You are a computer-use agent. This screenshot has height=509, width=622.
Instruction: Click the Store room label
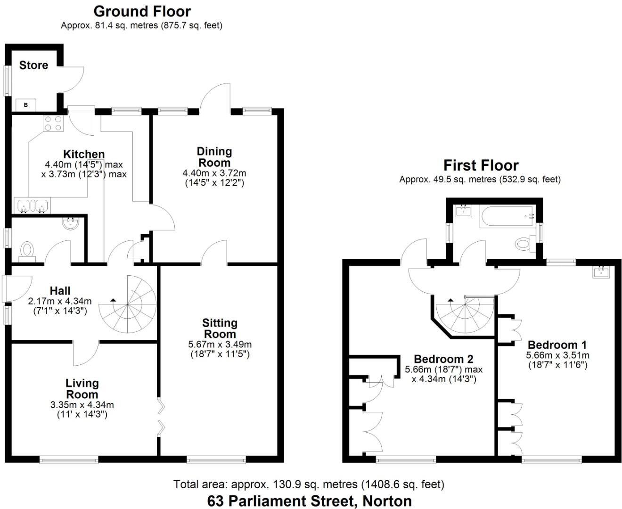(33, 65)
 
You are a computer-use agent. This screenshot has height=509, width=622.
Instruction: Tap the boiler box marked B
(26, 105)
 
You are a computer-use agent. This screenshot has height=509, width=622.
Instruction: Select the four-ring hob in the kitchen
(53, 123)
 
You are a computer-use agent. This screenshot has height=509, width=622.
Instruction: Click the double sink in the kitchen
(33, 205)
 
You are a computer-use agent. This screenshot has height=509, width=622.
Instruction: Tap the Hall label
(60, 291)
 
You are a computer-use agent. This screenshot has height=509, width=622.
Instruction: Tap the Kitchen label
(84, 154)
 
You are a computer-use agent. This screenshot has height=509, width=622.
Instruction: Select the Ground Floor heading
(142, 11)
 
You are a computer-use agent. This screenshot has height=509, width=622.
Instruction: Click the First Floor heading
(481, 165)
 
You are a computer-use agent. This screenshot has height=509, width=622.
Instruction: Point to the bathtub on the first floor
(507, 217)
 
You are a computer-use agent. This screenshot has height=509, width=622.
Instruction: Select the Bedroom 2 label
(443, 359)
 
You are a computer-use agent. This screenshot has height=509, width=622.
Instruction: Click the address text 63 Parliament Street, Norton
(310, 501)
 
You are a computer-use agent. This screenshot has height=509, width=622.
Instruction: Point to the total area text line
(309, 484)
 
